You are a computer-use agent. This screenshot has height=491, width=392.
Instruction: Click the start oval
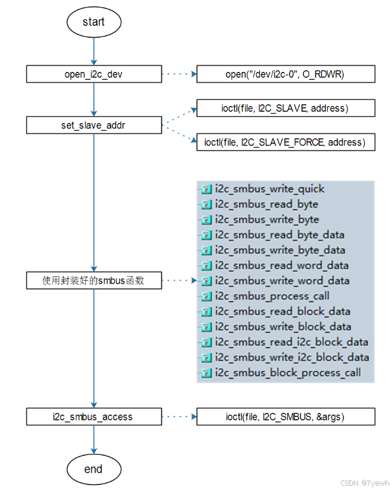pos(94,22)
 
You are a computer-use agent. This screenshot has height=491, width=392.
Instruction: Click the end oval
pos(94,469)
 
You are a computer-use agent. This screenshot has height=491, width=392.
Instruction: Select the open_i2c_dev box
pos(94,74)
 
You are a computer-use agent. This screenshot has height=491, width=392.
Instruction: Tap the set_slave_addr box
pos(94,125)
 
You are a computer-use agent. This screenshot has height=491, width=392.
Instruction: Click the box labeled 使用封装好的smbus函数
pos(94,281)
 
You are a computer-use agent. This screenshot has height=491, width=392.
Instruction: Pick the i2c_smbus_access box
pos(94,417)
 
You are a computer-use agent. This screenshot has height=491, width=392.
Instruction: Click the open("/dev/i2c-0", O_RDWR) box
pos(285,74)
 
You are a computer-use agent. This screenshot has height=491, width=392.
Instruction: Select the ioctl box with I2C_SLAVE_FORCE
pos(285,142)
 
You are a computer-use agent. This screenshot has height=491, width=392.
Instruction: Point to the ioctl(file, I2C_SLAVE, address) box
pos(285,108)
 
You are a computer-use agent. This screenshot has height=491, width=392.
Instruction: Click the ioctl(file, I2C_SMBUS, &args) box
pos(285,417)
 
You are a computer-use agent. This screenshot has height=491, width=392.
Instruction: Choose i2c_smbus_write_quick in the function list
pos(270,189)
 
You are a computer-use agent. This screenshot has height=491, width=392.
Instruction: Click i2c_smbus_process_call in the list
pos(272,296)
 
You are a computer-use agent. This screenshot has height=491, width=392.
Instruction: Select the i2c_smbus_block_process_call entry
pos(288,373)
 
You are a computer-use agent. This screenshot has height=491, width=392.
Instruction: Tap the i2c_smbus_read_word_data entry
pos(282,266)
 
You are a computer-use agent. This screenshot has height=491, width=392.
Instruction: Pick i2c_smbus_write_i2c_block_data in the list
pos(292,357)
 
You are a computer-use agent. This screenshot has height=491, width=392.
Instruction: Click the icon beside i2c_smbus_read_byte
pos(207,205)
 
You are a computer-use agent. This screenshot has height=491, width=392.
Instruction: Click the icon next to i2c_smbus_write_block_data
pos(207,327)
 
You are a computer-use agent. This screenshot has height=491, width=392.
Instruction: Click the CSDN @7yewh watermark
pos(366,483)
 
